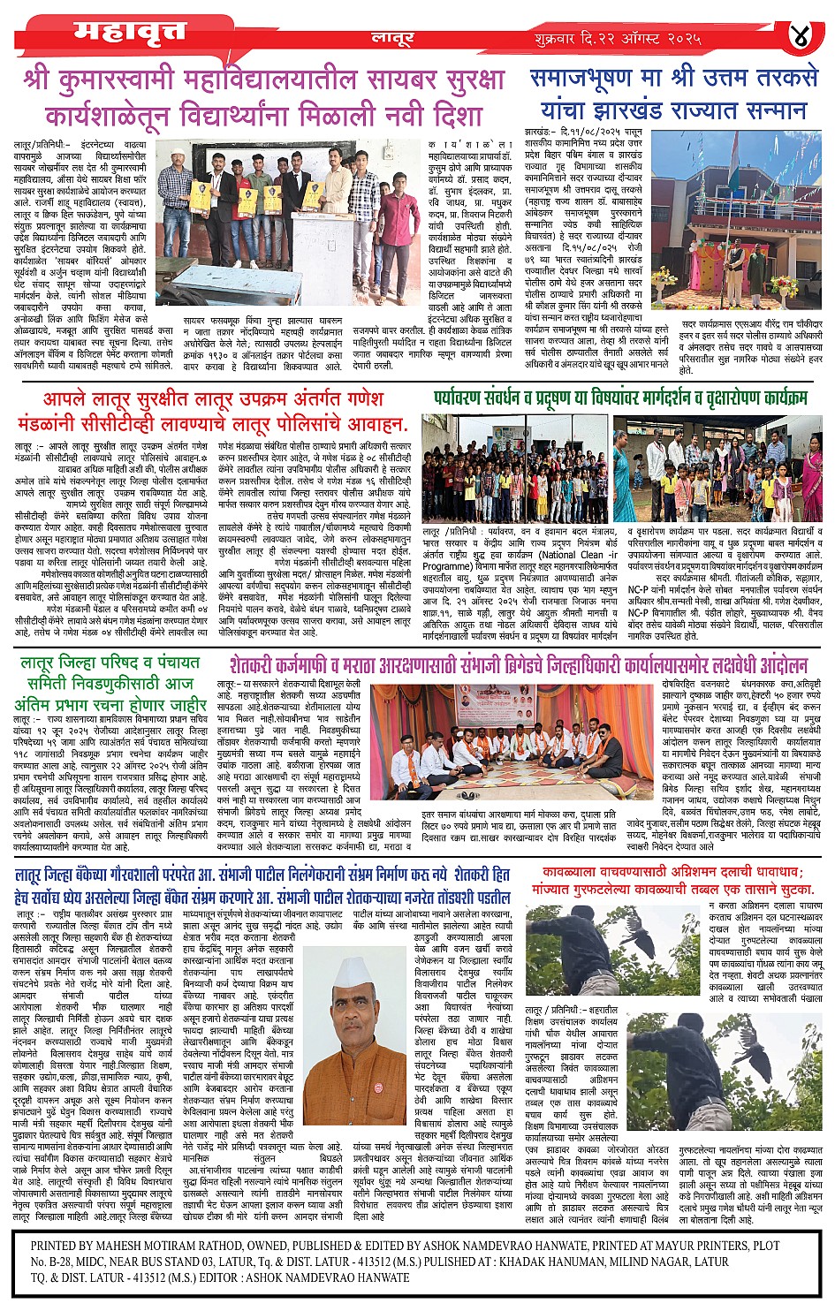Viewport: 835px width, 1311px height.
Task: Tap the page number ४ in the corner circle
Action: pos(801,37)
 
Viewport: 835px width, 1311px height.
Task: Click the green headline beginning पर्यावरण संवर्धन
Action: pos(620,398)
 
